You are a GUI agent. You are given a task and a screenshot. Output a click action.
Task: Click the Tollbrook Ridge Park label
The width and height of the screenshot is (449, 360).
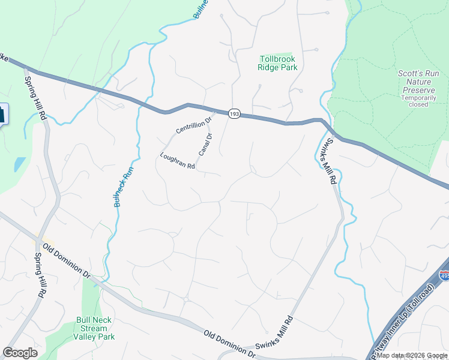click(278, 64)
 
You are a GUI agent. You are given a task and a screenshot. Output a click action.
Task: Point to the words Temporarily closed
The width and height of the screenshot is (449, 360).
click(415, 101)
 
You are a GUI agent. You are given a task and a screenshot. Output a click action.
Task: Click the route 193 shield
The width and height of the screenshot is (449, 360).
click(234, 113)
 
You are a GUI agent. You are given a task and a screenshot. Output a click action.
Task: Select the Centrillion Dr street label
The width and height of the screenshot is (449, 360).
click(194, 124)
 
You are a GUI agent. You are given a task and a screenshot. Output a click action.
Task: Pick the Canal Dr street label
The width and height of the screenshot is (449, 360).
click(206, 144)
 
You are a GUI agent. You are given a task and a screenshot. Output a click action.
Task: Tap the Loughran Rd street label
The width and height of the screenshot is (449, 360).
click(178, 161)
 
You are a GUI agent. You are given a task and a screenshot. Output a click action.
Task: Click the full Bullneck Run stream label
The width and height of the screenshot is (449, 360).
click(124, 187)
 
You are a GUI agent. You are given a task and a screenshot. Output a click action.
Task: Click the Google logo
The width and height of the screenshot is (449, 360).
click(20, 353)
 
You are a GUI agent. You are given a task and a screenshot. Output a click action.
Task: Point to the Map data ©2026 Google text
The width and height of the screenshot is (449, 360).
click(412, 355)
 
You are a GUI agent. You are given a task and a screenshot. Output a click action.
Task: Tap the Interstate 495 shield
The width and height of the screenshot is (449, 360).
click(444, 275)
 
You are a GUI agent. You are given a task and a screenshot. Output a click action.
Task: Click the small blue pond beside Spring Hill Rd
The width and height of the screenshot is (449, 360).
click(20, 164)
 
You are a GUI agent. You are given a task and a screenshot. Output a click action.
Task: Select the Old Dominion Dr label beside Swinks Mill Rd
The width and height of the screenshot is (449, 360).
click(229, 344)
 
